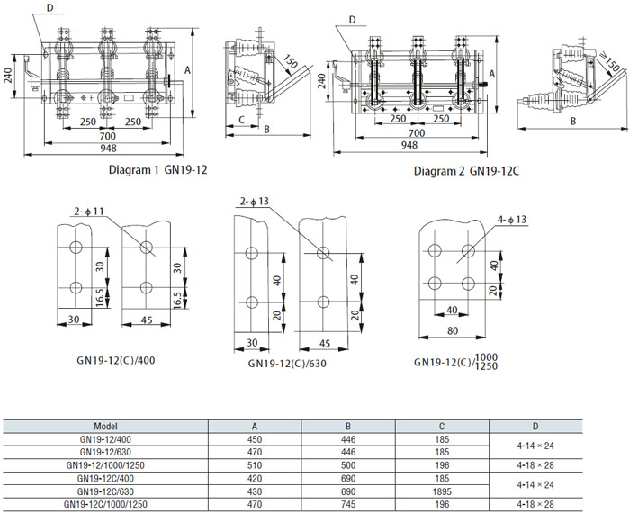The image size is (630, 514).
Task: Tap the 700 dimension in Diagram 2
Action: click(x=417, y=133)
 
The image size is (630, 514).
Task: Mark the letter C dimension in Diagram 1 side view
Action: click(x=242, y=119)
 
